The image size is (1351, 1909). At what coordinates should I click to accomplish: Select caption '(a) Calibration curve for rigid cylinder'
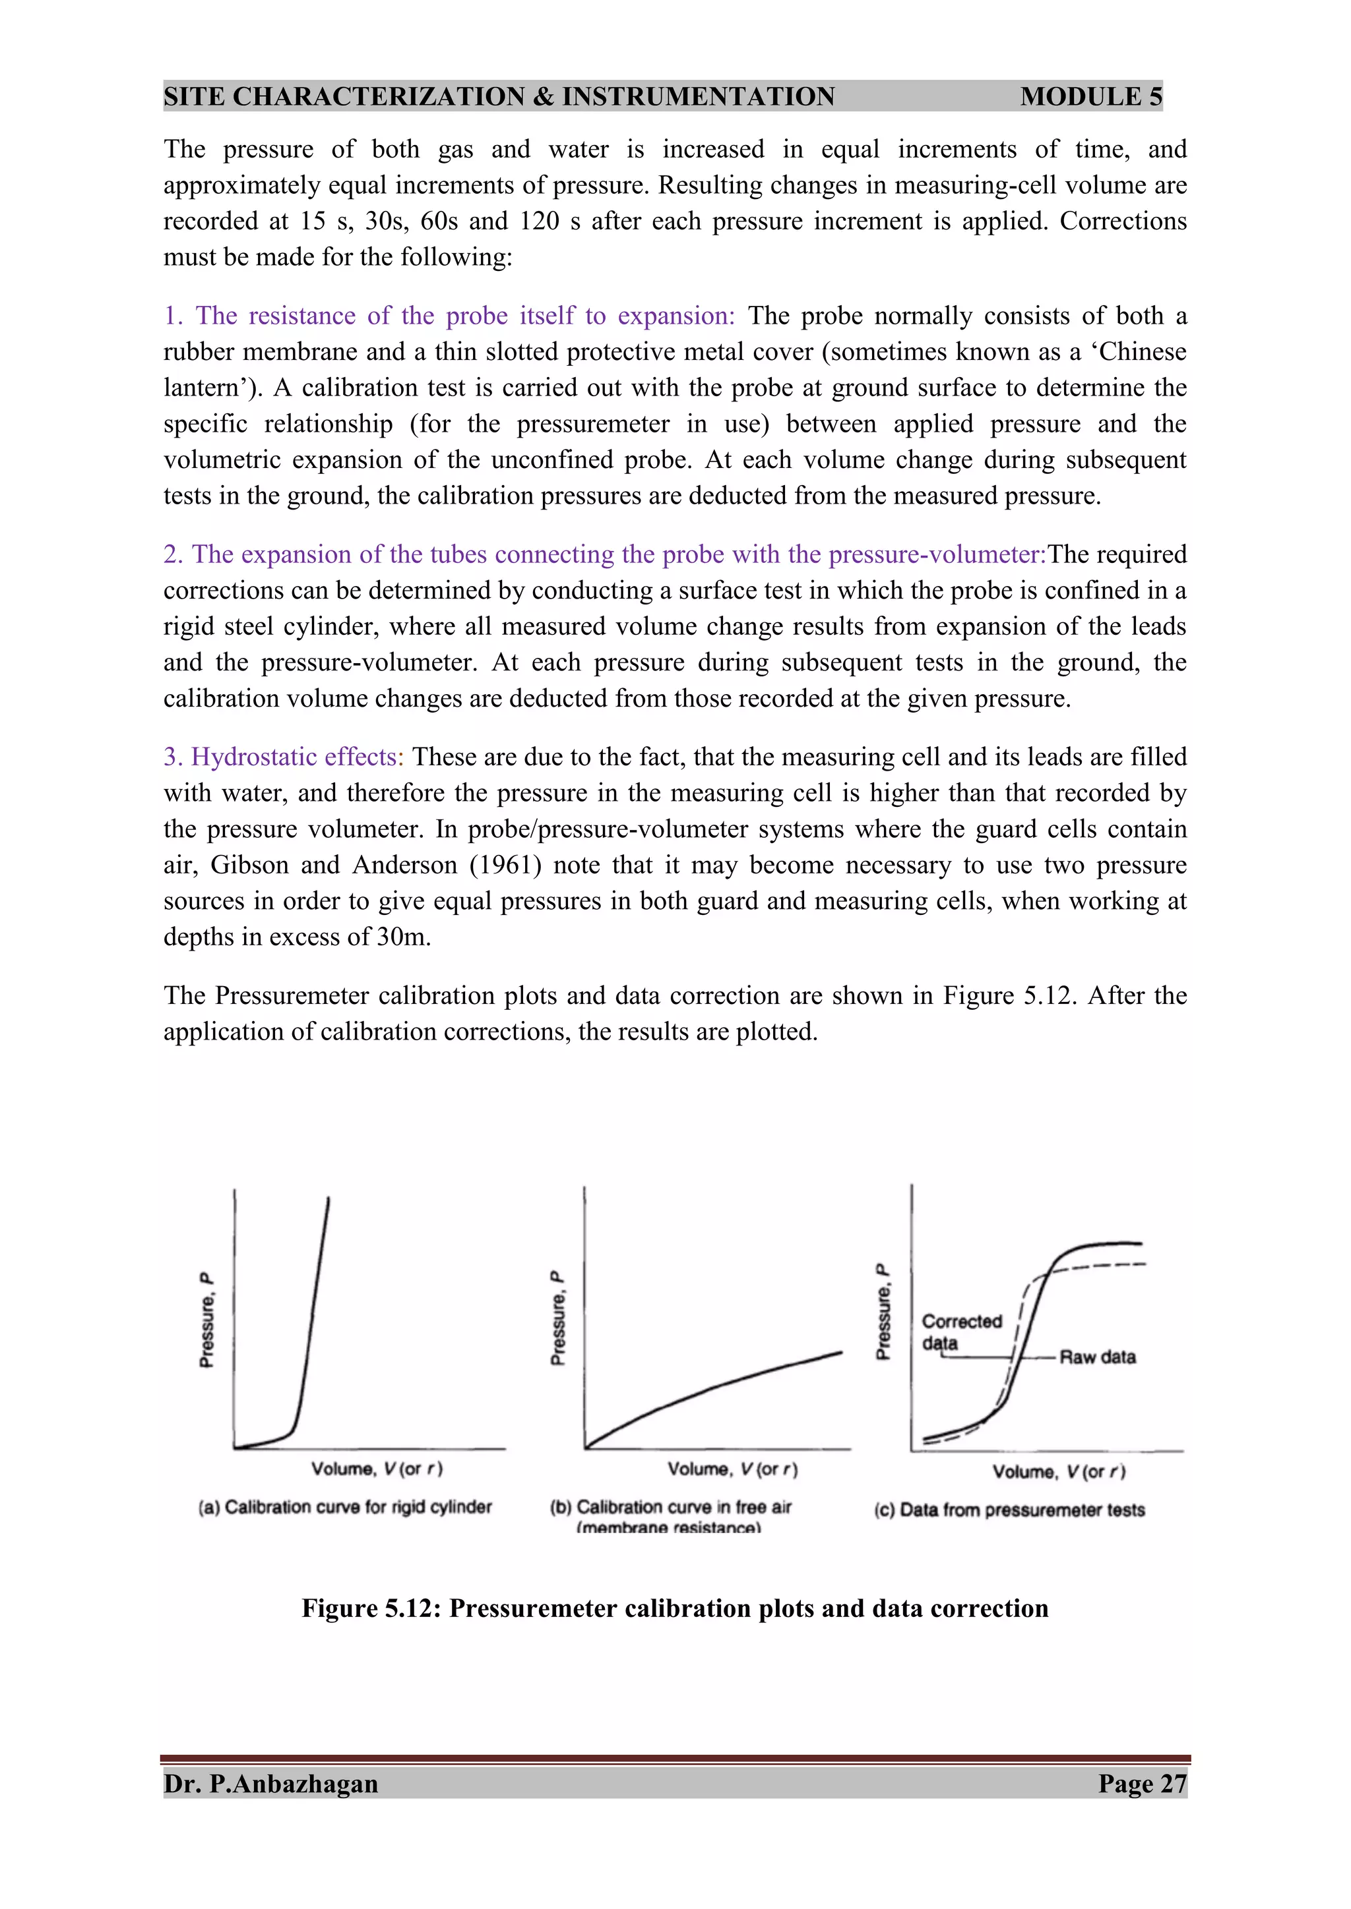(x=344, y=1507)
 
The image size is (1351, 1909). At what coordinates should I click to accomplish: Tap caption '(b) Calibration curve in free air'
(x=670, y=1507)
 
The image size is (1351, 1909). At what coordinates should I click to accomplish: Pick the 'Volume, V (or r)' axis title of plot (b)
(x=732, y=1469)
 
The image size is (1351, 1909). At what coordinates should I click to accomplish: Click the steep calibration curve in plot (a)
(x=315, y=1314)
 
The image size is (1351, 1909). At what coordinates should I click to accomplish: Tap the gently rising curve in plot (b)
(x=716, y=1387)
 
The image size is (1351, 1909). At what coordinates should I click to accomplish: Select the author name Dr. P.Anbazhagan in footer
(x=271, y=1784)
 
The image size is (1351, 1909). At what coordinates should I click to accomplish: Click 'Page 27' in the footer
(x=1141, y=1784)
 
